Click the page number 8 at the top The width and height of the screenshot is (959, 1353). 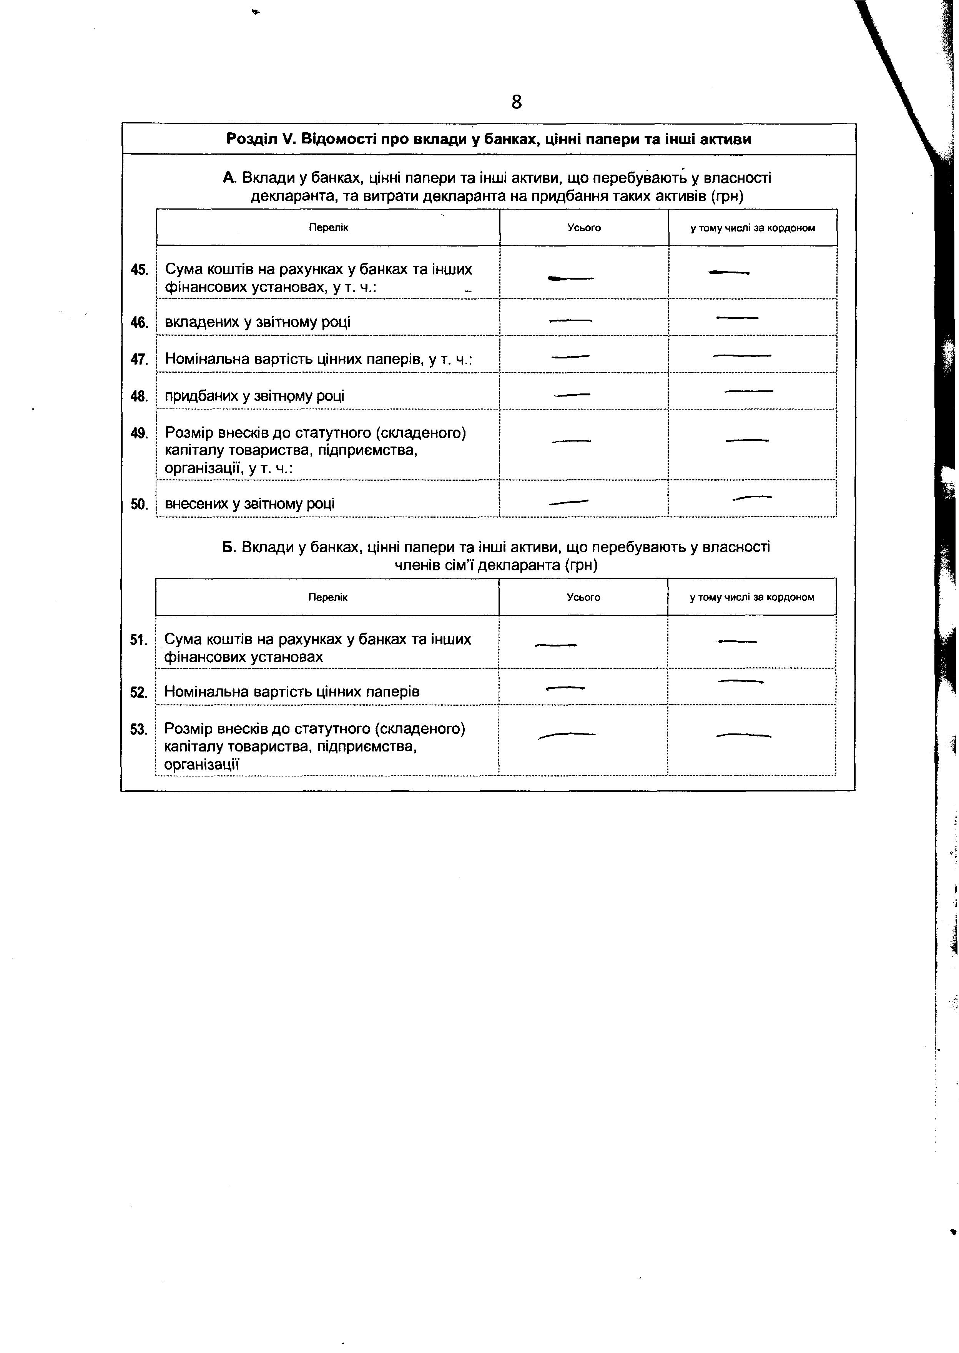click(516, 103)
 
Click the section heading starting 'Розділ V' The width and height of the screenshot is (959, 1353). click(489, 140)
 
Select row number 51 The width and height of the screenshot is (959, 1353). click(138, 640)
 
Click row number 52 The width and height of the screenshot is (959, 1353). click(138, 692)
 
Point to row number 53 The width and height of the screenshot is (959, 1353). click(138, 730)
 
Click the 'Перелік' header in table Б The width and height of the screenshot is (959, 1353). click(328, 597)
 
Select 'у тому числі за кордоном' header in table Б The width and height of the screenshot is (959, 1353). click(752, 597)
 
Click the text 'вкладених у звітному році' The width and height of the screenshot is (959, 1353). click(258, 323)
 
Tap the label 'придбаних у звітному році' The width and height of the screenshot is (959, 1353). click(254, 396)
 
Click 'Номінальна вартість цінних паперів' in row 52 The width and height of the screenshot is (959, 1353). click(292, 692)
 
